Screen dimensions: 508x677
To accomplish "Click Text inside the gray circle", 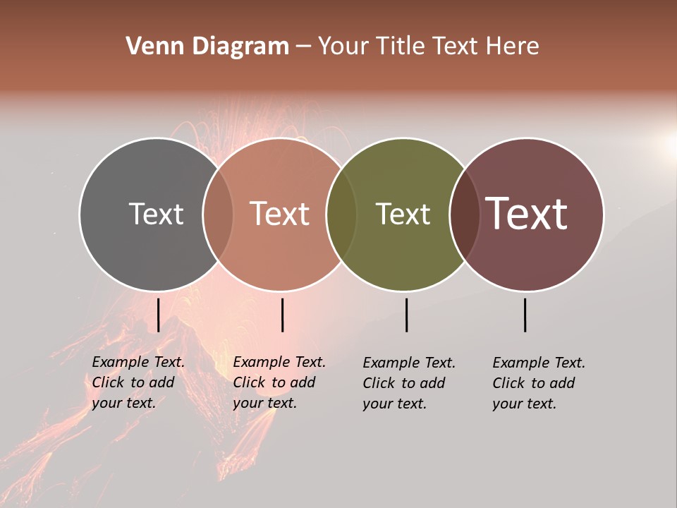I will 156,214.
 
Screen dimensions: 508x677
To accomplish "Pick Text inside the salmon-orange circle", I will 280,214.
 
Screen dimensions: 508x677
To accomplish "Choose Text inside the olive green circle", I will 403,214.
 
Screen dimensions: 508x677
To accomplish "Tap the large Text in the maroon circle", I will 527,214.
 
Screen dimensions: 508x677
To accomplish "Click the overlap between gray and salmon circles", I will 218,214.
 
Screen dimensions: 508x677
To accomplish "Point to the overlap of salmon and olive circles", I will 341,214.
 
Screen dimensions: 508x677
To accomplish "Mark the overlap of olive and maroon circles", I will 465,214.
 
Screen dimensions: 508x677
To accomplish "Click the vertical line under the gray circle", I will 158,315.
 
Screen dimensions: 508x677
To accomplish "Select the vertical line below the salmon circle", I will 282,315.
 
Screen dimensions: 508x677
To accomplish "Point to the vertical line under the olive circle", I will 406,315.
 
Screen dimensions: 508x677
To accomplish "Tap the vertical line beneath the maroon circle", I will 525,315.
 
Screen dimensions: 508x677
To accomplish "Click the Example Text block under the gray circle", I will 138,382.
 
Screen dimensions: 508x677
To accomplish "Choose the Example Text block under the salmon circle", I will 279,382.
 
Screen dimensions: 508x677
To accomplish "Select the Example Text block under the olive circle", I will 409,383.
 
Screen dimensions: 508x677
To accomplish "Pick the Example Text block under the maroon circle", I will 539,383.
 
